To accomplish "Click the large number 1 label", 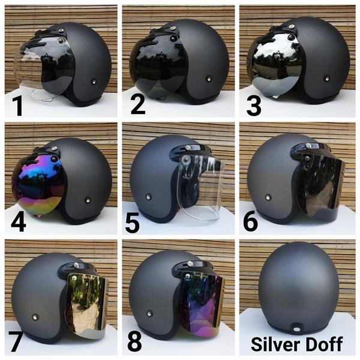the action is (x=17, y=106).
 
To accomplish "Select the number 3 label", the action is (x=254, y=106).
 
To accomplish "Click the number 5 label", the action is (x=132, y=223).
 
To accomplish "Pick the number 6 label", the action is (x=250, y=221).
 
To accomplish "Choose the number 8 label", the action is (x=134, y=341).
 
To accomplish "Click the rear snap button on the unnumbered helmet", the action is (x=297, y=329).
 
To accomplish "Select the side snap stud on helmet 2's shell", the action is (x=208, y=79).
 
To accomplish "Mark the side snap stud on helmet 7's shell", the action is (x=35, y=317).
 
